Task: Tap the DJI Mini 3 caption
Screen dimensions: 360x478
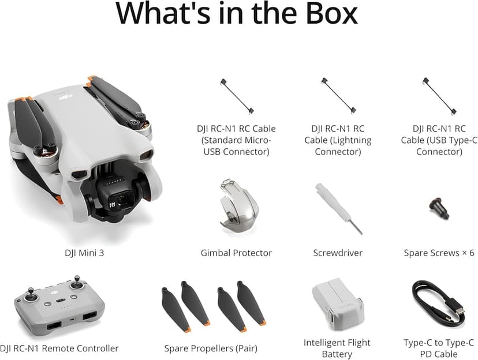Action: click(x=84, y=253)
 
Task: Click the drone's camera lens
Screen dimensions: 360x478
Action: click(x=121, y=200)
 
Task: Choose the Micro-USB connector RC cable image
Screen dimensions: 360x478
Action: click(x=236, y=96)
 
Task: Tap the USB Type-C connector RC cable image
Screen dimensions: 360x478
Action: click(x=439, y=96)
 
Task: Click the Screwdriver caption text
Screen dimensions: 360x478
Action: click(x=338, y=253)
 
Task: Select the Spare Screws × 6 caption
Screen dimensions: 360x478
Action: click(x=439, y=253)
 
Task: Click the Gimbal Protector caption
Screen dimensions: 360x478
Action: click(x=236, y=253)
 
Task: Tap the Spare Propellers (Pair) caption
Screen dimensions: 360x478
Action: click(x=211, y=348)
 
